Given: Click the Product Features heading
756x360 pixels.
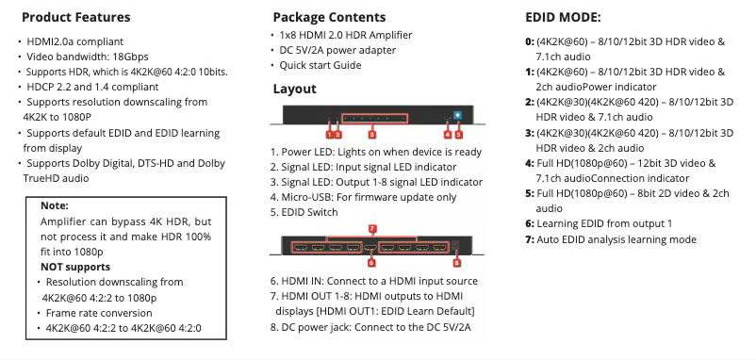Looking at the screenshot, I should pos(75,18).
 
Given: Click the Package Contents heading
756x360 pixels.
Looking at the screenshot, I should pos(328,17).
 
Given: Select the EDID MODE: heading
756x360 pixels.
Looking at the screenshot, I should pos(562,17).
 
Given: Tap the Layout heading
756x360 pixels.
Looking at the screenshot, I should pos(294,89).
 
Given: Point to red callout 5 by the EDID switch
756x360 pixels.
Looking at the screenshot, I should pos(459,134).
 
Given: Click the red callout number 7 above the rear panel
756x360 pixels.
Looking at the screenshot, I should pos(373,228).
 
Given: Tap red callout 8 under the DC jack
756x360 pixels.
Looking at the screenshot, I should pos(457,264).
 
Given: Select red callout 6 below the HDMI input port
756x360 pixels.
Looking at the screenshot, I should pos(371,263).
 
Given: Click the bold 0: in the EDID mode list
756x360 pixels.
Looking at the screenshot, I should pos(529,42).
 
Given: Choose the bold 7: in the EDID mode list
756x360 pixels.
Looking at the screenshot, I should pos(529,239).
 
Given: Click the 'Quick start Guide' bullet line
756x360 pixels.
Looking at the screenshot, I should pos(320,65).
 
